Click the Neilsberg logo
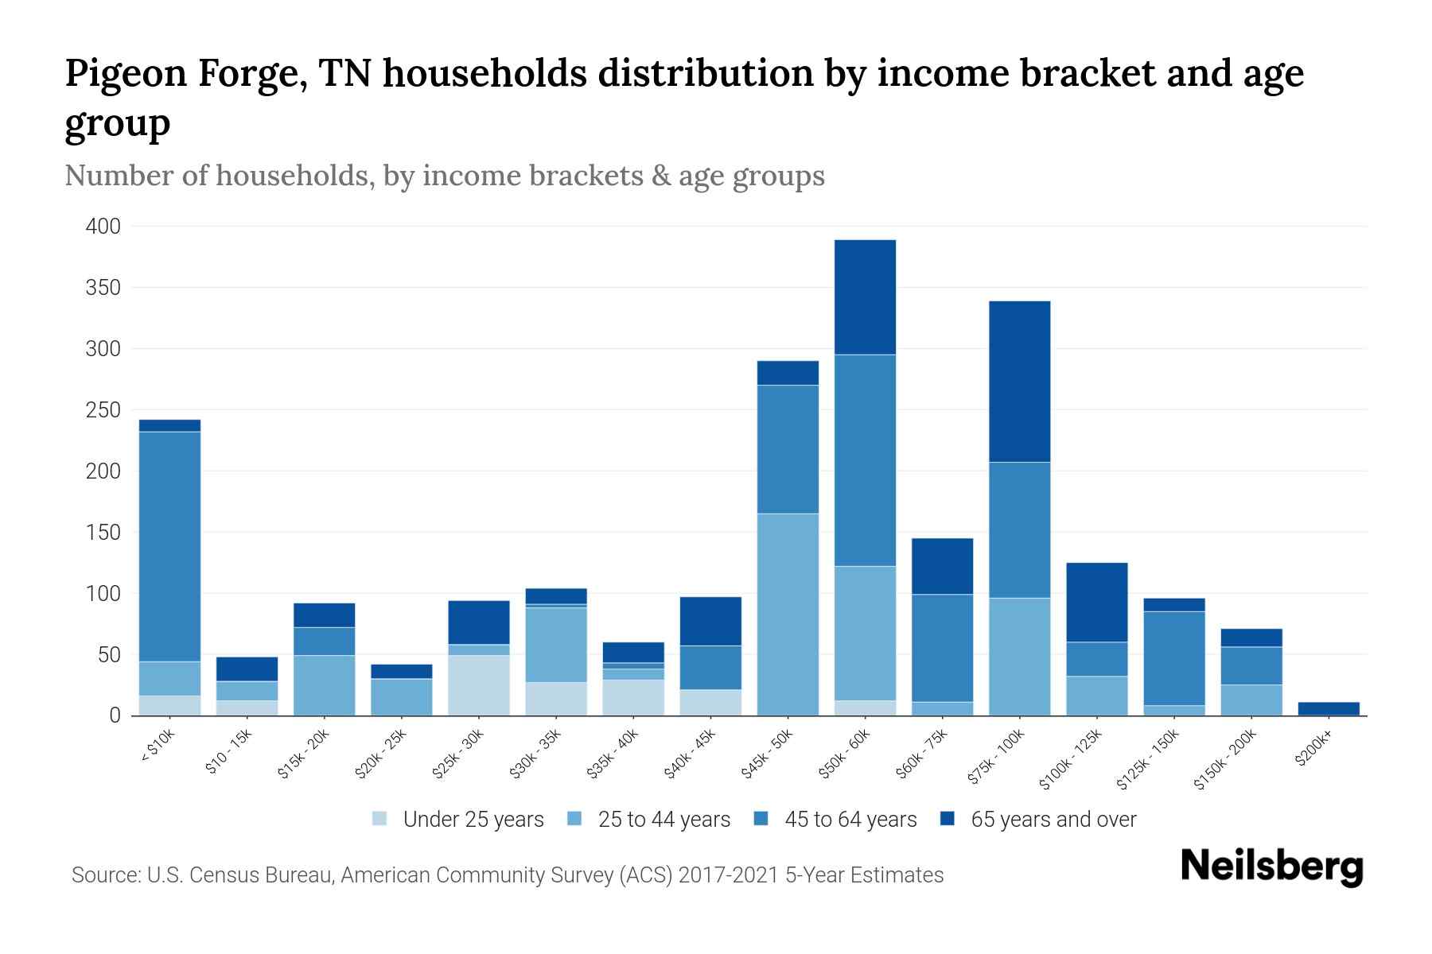[1271, 867]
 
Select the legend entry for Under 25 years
[473, 820]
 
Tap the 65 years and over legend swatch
[947, 819]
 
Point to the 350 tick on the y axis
[103, 288]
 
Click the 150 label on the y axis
[103, 533]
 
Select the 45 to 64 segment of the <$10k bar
[169, 546]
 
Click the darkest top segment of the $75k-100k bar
[1019, 382]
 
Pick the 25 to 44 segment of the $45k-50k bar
[788, 615]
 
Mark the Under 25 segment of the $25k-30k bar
[479, 685]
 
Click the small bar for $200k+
[1329, 708]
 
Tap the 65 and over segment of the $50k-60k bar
[865, 297]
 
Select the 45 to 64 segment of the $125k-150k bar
[1173, 658]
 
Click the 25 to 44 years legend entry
[663, 820]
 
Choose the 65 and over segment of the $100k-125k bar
[1096, 602]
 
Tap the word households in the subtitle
[296, 176]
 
